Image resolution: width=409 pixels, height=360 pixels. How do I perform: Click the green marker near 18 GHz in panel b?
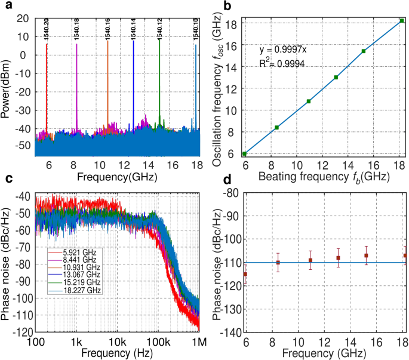[x=402, y=20]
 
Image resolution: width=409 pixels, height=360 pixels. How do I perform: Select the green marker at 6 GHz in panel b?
[x=244, y=153]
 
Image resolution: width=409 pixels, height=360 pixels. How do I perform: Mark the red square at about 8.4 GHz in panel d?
[x=278, y=263]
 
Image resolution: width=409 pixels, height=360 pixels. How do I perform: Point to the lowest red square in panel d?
[x=245, y=274]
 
